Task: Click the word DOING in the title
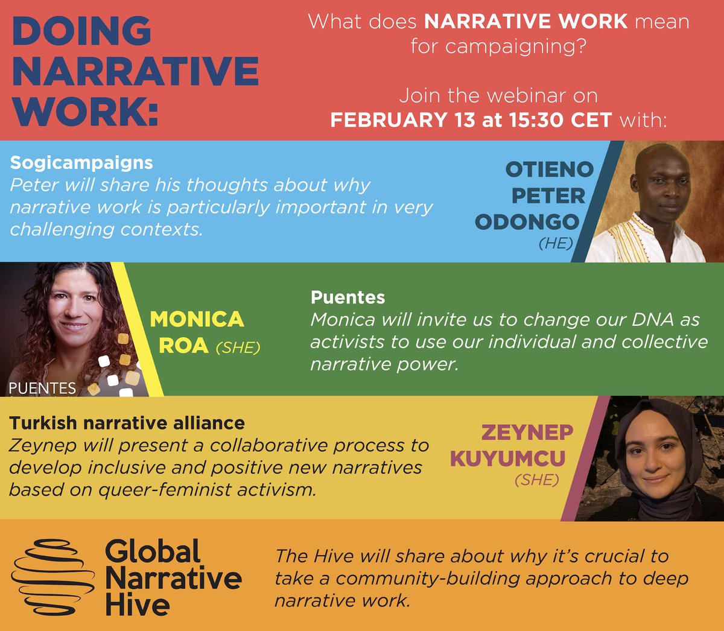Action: pos(81,31)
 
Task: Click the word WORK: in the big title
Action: pos(85,111)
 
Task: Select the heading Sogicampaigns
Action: pos(81,162)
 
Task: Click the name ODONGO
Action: pos(527,222)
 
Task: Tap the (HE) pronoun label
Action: pos(555,244)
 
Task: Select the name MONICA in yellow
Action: pos(197,319)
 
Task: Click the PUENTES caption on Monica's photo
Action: pos(42,388)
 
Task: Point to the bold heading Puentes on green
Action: pos(348,297)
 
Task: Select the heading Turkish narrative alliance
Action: pos(127,423)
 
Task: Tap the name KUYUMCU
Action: pos(508,458)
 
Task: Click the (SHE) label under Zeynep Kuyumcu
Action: pos(536,480)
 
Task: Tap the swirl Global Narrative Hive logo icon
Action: pos(53,576)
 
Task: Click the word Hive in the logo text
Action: pos(137,605)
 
